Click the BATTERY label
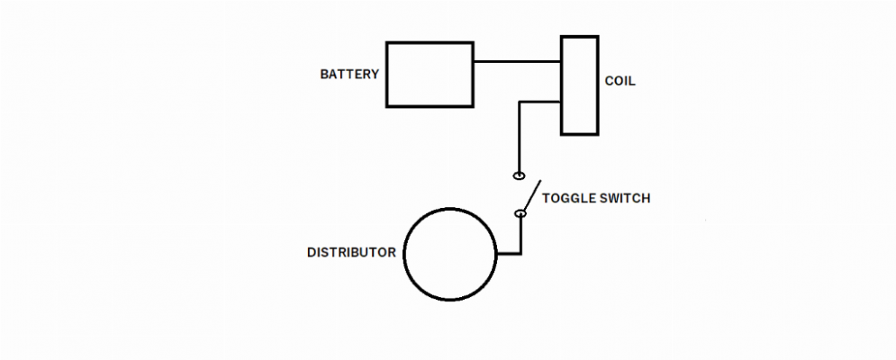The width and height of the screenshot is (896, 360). pyautogui.click(x=349, y=75)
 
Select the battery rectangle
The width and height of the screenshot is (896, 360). pyautogui.click(x=386, y=75)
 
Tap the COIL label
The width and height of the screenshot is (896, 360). pyautogui.click(x=620, y=81)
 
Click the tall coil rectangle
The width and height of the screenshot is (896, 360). pyautogui.click(x=562, y=85)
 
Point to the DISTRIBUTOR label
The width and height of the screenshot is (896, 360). pyautogui.click(x=351, y=253)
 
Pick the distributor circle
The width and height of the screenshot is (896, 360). pyautogui.click(x=404, y=254)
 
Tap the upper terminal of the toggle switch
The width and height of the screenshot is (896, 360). pyautogui.click(x=519, y=175)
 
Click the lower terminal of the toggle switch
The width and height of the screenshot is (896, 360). pyautogui.click(x=520, y=213)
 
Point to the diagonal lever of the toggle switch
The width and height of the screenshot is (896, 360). pyautogui.click(x=532, y=195)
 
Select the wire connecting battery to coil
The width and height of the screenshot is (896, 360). pyautogui.click(x=517, y=61)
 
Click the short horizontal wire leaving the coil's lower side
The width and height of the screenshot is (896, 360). pyautogui.click(x=539, y=103)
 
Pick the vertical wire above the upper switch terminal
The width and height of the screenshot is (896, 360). pyautogui.click(x=520, y=137)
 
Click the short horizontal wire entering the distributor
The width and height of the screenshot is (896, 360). pyautogui.click(x=509, y=253)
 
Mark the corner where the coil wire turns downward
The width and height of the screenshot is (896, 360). pyautogui.click(x=520, y=103)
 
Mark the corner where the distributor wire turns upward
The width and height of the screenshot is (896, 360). pyautogui.click(x=520, y=253)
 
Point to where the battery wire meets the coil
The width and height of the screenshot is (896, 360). pyautogui.click(x=561, y=61)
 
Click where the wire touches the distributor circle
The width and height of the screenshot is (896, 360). pyautogui.click(x=496, y=253)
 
